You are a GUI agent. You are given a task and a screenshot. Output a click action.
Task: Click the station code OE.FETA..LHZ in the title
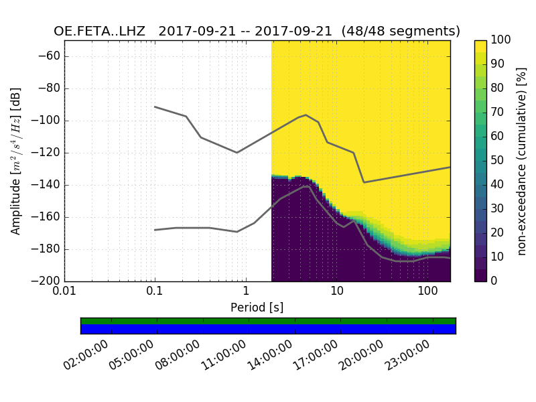pos(102,31)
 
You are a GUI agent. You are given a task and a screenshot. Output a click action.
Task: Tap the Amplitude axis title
pos(16,161)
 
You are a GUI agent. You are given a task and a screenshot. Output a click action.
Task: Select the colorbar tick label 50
pos(498,160)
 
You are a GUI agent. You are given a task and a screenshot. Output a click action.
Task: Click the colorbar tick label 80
pos(498,88)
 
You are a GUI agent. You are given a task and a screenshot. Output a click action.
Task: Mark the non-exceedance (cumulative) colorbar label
pos(521,161)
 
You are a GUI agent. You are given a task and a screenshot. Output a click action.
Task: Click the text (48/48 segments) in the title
pos(401,31)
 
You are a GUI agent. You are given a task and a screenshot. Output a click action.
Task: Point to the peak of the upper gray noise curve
pos(306,115)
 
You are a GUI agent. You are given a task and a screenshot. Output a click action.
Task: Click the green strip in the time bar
pos(268,321)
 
